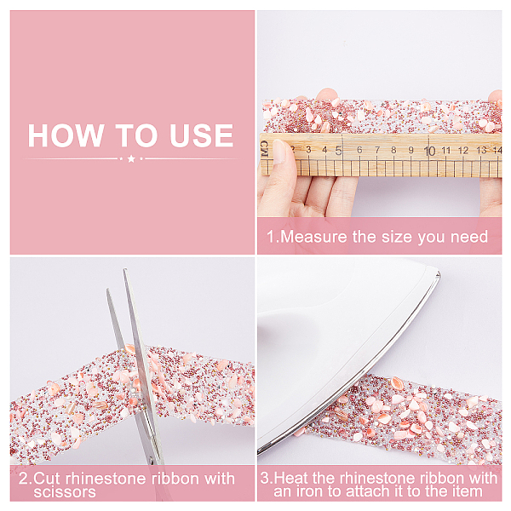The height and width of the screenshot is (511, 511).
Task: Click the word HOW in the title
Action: pos(66,135)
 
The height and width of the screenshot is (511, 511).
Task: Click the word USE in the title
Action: pos(201,135)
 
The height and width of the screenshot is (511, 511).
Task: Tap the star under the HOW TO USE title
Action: pos(131,158)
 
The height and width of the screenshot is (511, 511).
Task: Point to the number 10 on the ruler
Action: pos(429,151)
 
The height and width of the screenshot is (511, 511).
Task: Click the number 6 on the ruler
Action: pos(359,150)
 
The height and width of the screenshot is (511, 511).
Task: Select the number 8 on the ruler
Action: pos(393,150)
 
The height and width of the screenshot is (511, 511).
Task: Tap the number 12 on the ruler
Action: pos(462,150)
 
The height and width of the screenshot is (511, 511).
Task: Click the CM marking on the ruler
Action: pos(264,149)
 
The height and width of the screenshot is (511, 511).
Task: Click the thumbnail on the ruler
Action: pos(279,152)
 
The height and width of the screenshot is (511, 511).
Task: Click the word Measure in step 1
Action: pos(313,237)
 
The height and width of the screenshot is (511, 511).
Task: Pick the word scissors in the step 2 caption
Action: pos(65,491)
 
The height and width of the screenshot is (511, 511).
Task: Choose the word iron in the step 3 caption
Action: pos(308,491)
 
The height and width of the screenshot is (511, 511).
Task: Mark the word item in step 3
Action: pos(468,491)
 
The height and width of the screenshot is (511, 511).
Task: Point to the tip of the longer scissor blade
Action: pos(124,269)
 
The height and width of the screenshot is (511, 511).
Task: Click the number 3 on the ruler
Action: pos(308,150)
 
